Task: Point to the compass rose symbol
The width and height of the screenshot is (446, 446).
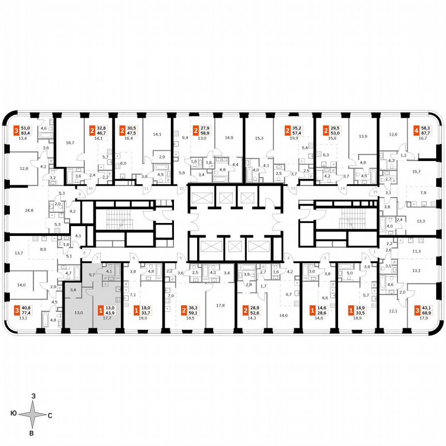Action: (32, 415)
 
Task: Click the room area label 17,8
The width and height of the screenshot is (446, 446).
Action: (220, 305)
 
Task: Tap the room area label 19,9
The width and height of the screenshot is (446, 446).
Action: (295, 138)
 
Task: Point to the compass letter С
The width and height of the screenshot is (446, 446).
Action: (50, 415)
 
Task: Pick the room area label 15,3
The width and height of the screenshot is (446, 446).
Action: (259, 138)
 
